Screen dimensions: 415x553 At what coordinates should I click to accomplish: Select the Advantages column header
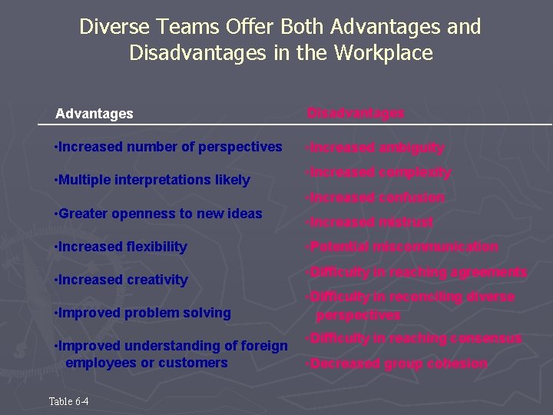pyautogui.click(x=94, y=114)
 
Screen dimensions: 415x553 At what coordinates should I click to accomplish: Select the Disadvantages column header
pyautogui.click(x=356, y=114)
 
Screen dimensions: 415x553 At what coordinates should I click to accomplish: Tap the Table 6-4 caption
pyautogui.click(x=69, y=401)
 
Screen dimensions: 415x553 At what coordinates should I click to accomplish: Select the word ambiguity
pyautogui.click(x=411, y=148)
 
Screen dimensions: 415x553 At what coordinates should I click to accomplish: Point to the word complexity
pyautogui.click(x=415, y=173)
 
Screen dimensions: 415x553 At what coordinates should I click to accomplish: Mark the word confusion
pyautogui.click(x=412, y=198)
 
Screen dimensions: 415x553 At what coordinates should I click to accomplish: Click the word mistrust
pyautogui.click(x=406, y=222)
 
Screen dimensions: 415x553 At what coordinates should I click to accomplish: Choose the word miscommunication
pyautogui.click(x=435, y=247)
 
